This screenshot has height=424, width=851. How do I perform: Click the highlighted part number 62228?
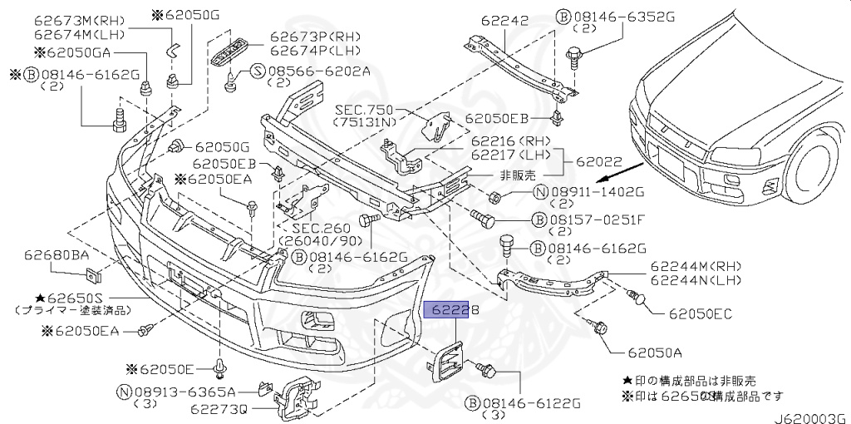[x=452, y=310]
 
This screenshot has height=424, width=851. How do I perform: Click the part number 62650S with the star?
[x=66, y=296]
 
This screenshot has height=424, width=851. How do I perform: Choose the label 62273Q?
[x=219, y=408]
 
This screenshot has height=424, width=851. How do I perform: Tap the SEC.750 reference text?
[x=365, y=109]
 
